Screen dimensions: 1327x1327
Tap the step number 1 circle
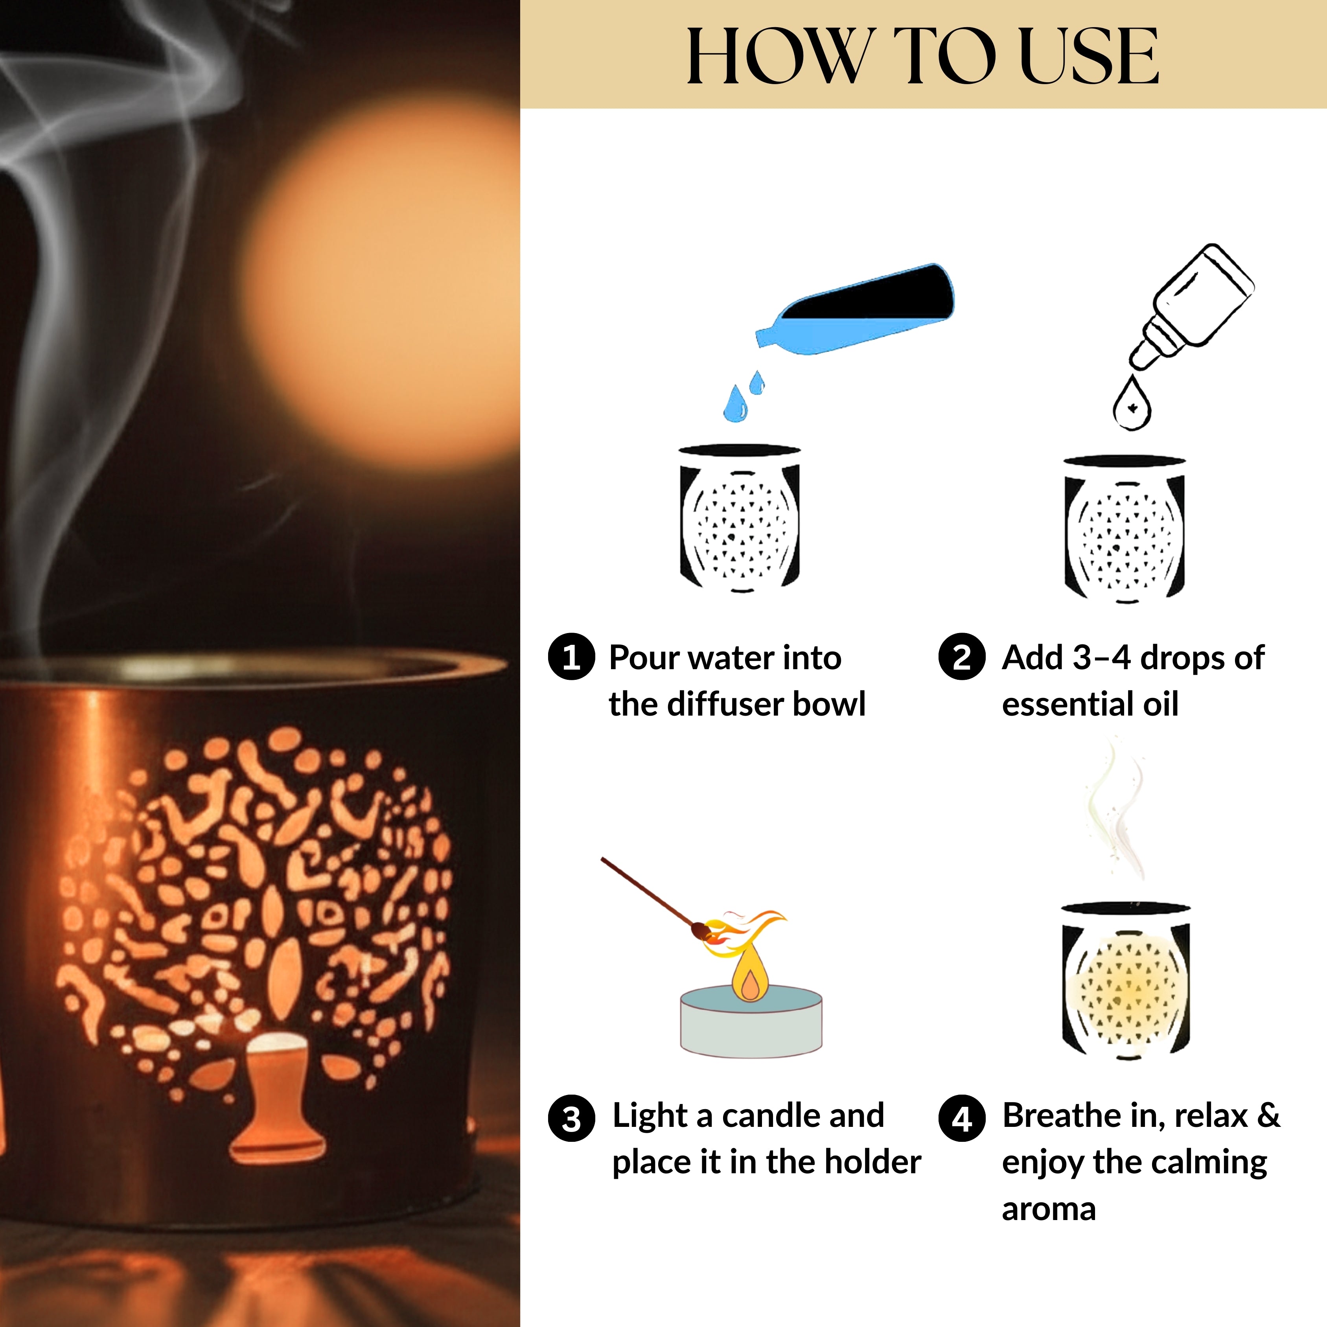click(571, 657)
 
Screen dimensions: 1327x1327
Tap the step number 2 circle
click(962, 657)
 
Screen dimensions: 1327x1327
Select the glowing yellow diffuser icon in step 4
click(1125, 982)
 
